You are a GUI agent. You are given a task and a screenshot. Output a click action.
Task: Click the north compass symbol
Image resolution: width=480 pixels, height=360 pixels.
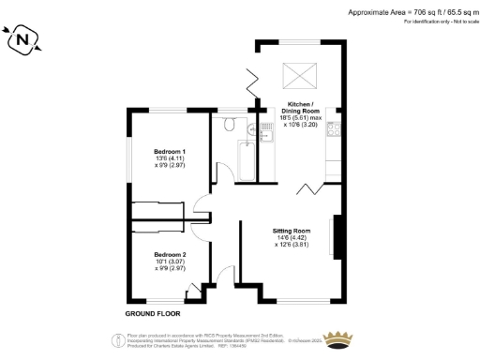[23, 39]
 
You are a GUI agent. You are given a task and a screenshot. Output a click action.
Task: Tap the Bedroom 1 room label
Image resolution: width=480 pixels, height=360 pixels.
[170, 151]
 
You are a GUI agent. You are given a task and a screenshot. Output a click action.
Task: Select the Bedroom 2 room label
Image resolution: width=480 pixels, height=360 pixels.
[170, 254]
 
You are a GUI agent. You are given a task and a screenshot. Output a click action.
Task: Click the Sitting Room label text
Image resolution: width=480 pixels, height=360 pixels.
[292, 230]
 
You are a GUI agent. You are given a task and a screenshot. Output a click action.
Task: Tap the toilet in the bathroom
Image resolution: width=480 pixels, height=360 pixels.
[230, 124]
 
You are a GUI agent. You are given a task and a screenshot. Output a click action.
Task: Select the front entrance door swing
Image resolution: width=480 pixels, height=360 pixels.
[222, 277]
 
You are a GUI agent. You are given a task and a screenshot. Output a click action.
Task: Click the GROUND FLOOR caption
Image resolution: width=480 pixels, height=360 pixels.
[151, 311]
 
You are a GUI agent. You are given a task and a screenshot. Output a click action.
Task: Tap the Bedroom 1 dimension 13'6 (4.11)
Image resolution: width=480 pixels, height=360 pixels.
[170, 158]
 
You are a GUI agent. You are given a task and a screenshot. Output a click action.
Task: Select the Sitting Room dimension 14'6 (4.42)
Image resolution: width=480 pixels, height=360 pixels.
[292, 238]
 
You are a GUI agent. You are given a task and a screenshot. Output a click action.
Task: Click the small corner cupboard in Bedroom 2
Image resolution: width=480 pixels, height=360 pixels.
[194, 293]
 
